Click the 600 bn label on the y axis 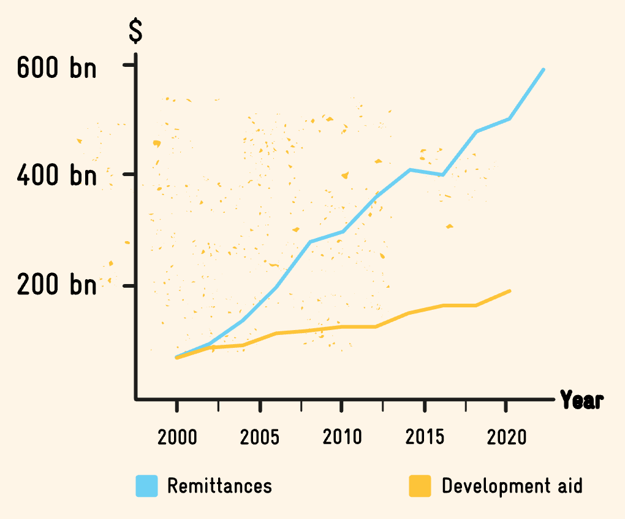(56, 67)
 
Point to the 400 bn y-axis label (56, 176)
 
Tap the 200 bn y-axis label (56, 285)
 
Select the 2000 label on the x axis (177, 437)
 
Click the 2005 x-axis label (260, 437)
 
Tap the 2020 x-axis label (507, 437)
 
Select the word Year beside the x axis (581, 400)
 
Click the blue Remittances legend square (147, 486)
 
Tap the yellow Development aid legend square (420, 486)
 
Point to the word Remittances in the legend (219, 486)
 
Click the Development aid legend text (512, 486)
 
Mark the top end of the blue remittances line (544, 70)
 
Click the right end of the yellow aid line (510, 291)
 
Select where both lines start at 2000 (176, 356)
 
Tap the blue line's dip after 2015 (442, 175)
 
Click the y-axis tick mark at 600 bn (129, 64)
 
